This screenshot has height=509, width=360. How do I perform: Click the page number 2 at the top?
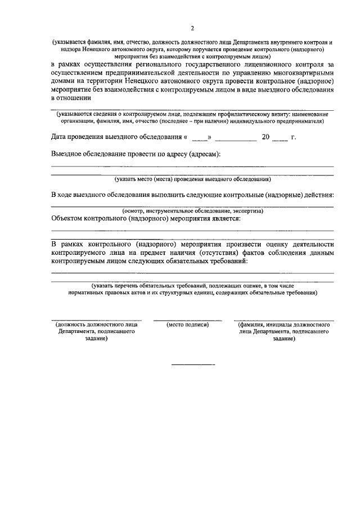pyautogui.click(x=192, y=28)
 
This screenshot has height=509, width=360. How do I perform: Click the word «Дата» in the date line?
pyautogui.click(x=61, y=137)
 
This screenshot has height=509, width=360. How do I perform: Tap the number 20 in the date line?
pyautogui.click(x=266, y=137)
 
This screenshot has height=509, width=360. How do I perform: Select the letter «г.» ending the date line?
pyautogui.click(x=293, y=137)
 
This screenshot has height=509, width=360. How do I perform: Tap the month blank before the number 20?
pyautogui.click(x=236, y=139)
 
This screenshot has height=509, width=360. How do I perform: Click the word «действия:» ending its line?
pyautogui.click(x=318, y=195)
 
